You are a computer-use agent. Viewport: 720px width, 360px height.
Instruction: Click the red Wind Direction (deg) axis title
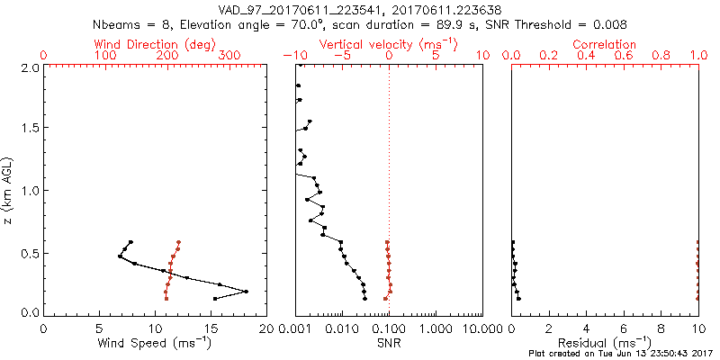coord(156,44)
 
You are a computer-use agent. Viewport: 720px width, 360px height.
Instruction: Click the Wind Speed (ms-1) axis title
coord(156,344)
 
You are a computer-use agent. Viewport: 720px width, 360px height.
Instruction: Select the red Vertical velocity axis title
coord(388,44)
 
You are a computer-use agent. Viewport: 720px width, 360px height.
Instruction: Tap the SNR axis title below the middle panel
coord(389,344)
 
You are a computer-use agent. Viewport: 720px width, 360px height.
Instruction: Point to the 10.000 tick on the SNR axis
coord(482,329)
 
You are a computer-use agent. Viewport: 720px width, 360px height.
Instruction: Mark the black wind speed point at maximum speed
coord(246,292)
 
